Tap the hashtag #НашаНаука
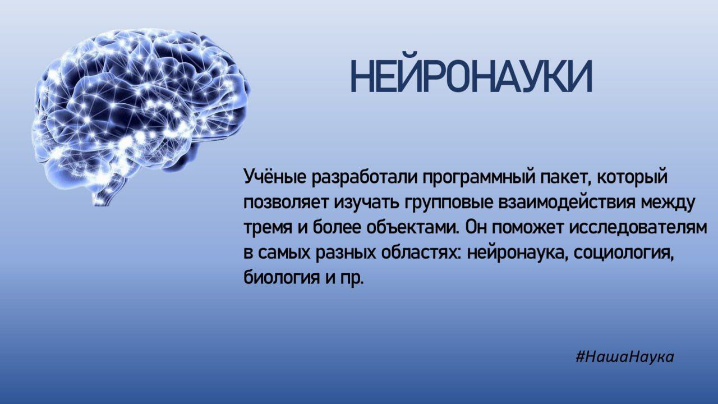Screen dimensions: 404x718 click(x=624, y=357)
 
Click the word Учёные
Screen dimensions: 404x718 click(x=275, y=177)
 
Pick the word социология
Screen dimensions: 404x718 click(x=618, y=254)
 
